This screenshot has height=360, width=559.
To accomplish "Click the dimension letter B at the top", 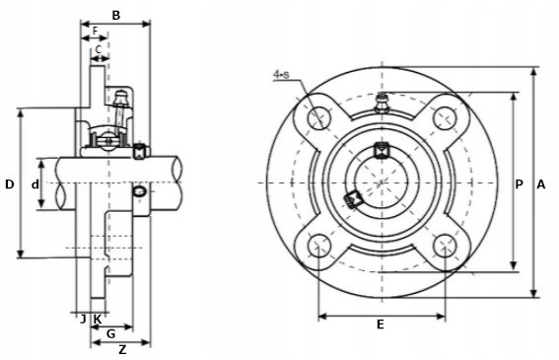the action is (116, 16).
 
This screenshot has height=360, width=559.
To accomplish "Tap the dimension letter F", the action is (96, 31).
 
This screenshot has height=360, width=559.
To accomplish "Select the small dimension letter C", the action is (99, 49).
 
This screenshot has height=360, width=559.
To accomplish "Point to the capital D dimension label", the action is (10, 184).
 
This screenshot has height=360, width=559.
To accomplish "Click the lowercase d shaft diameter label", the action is (35, 184).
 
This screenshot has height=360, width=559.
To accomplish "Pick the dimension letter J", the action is (83, 319).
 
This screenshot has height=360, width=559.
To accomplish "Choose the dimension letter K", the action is (97, 319).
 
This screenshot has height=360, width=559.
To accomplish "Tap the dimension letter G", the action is (111, 334).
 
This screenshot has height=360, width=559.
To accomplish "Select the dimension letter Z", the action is (122, 350).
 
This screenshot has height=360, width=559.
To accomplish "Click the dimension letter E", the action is (381, 324).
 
